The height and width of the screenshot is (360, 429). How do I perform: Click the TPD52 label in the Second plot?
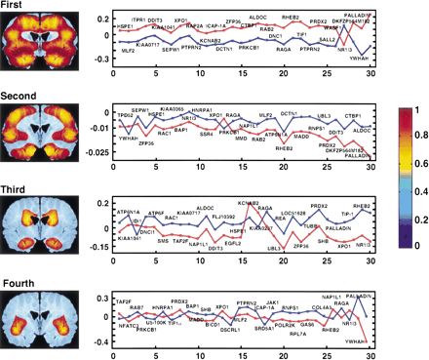point(125,114)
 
